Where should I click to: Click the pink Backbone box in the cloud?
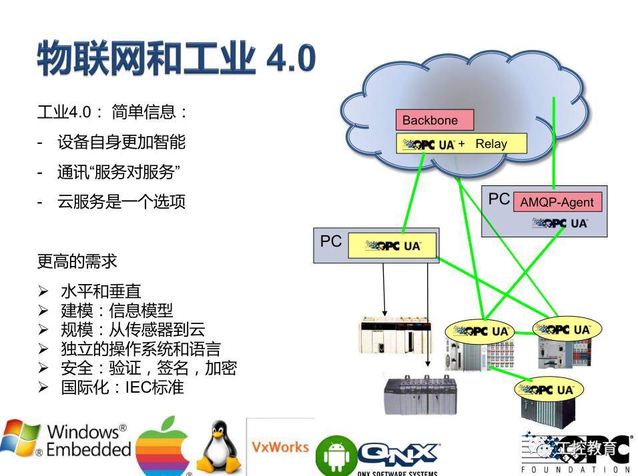pyautogui.click(x=434, y=120)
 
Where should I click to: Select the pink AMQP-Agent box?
pyautogui.click(x=557, y=202)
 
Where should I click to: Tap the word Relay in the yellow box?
pyautogui.click(x=491, y=143)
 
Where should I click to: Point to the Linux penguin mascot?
pyautogui.click(x=219, y=447)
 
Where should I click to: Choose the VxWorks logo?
pyautogui.click(x=280, y=447)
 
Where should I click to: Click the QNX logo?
pyautogui.click(x=399, y=454)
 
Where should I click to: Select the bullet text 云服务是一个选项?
pyautogui.click(x=121, y=202)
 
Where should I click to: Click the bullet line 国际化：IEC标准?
pyautogui.click(x=122, y=387)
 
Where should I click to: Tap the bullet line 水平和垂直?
pyautogui.click(x=101, y=291)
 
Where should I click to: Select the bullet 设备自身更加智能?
pyautogui.click(x=121, y=142)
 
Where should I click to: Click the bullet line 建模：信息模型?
pyautogui.click(x=117, y=310)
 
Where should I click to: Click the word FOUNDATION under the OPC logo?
pyautogui.click(x=575, y=469)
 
